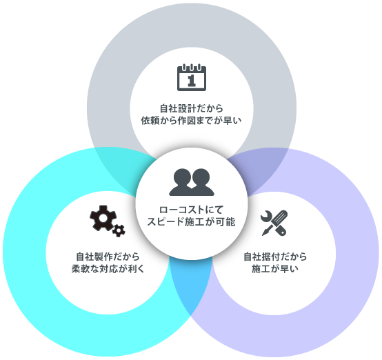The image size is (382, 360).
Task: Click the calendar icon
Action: click(192, 77)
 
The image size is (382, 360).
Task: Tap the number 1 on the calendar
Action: click(192, 81)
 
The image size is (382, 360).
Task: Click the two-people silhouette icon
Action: click(192, 182)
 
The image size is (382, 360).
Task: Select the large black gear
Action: click(103, 218)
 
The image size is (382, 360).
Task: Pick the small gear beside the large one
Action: click(119, 230)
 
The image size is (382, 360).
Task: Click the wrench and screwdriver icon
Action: click(274, 223)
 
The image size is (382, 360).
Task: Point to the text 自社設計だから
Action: click(192, 108)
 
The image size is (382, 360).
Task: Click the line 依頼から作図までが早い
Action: click(191, 121)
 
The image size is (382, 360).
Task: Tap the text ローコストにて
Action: click(191, 210)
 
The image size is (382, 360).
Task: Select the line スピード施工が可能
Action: click(191, 222)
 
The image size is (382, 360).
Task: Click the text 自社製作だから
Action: click(108, 257)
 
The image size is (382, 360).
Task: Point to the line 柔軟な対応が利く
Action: click(108, 269)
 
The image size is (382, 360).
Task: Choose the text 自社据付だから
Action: click(275, 257)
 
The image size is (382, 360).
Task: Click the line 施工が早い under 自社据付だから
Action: click(275, 269)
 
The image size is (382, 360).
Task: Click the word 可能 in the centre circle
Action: click(226, 222)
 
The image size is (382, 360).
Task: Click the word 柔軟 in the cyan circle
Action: click(81, 269)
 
